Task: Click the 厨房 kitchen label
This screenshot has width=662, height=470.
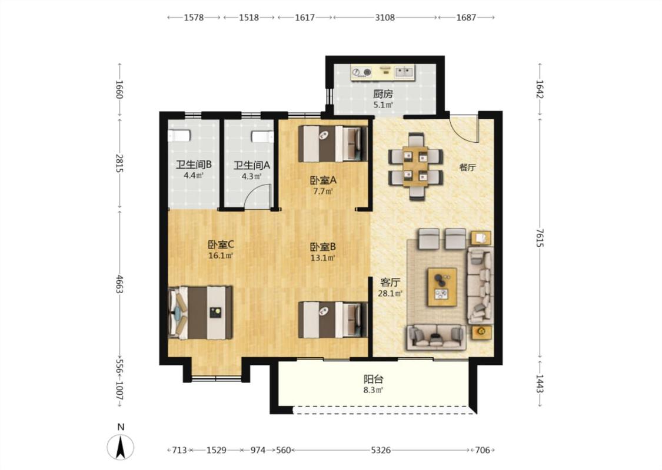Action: point(382,94)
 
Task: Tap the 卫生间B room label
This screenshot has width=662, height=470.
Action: point(194,164)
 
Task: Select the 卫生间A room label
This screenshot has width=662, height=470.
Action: point(252,165)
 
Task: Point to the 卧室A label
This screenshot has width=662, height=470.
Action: point(323,180)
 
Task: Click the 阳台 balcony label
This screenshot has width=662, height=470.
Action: point(374,379)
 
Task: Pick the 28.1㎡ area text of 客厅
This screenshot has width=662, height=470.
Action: point(390,293)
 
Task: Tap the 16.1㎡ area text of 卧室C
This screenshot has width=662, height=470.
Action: point(221,256)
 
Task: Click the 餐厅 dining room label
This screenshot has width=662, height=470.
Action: point(467,167)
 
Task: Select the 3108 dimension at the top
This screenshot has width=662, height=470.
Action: point(385,17)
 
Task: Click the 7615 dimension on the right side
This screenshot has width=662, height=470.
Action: point(540,238)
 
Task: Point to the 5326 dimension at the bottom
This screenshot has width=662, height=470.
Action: point(381,450)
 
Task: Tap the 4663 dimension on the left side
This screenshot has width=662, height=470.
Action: point(119,284)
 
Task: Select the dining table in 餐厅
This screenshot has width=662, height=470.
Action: point(416,166)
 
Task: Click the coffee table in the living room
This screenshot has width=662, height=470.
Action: point(443,287)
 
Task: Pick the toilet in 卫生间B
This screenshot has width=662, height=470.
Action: point(179,136)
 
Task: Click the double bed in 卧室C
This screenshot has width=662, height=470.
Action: point(201,313)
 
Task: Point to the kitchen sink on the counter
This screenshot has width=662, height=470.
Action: point(404,72)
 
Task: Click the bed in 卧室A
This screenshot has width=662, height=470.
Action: point(332,143)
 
